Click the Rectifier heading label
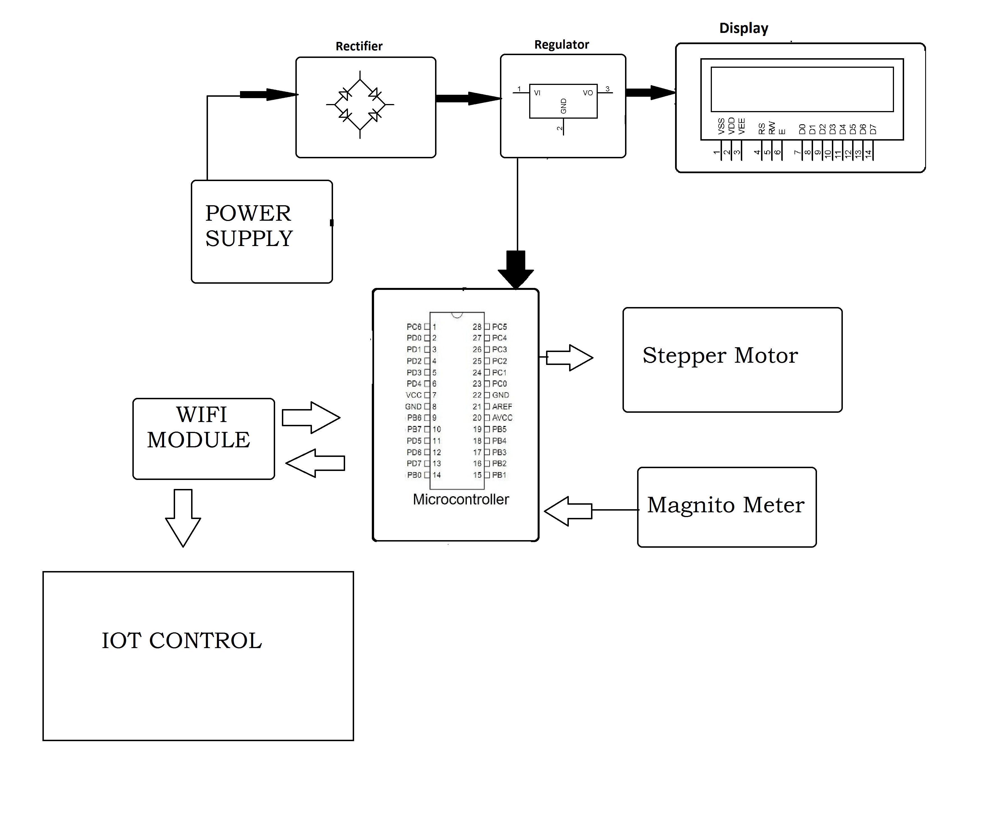click(x=359, y=46)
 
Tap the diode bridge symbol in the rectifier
click(x=360, y=104)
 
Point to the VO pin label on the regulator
click(x=588, y=93)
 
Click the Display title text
click(x=744, y=28)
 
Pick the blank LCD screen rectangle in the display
click(x=802, y=89)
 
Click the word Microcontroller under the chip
click(x=461, y=499)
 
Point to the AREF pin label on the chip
click(x=502, y=407)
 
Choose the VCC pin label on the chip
click(x=413, y=395)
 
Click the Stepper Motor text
click(x=720, y=356)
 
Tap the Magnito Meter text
click(x=726, y=505)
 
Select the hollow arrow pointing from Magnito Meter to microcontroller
click(x=569, y=511)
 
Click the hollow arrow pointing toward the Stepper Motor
click(x=569, y=357)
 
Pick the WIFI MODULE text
click(x=199, y=427)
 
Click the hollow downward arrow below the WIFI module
click(x=183, y=517)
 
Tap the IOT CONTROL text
click(x=182, y=641)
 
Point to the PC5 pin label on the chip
click(x=499, y=327)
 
